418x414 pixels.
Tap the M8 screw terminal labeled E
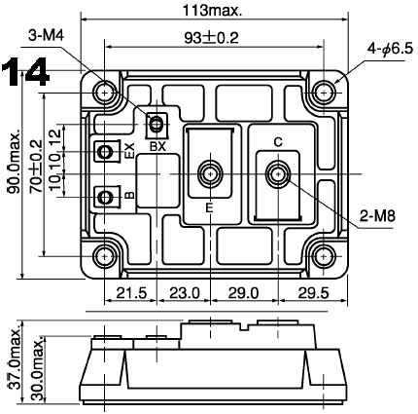point(208,175)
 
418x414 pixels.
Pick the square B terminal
point(103,197)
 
